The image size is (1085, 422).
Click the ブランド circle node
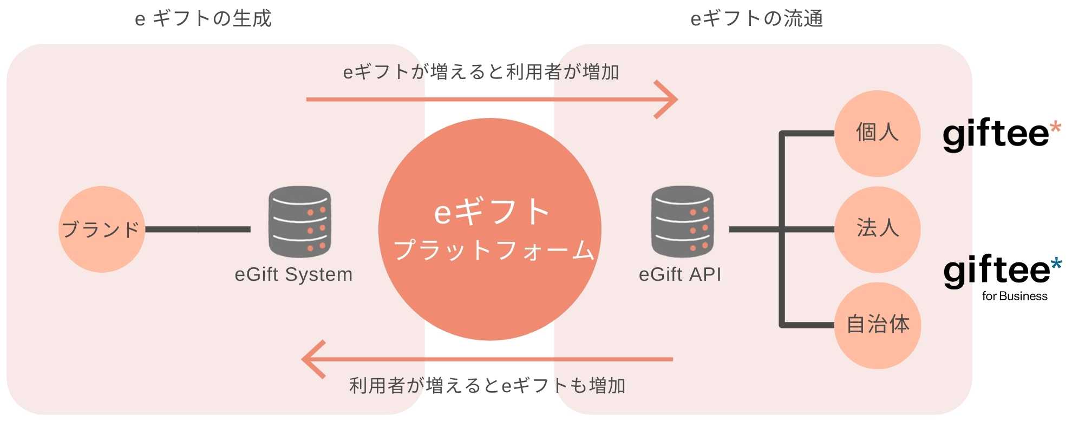(101, 229)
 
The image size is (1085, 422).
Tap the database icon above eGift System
(299, 222)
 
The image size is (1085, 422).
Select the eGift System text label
(293, 274)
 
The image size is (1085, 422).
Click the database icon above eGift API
(682, 222)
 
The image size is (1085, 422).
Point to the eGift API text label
(680, 274)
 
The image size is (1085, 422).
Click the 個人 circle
(877, 133)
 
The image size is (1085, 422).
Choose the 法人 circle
(877, 229)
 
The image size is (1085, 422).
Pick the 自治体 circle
(877, 325)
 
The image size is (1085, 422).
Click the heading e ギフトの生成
(203, 19)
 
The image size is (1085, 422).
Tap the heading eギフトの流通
(757, 19)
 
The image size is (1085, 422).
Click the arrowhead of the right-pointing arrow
(669, 100)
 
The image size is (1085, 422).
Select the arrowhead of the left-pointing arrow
(311, 359)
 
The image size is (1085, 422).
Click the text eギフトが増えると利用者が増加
(481, 72)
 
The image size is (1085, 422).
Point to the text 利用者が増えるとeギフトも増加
(487, 386)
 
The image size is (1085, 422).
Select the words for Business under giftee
(1015, 296)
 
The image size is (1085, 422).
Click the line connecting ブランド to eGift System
(198, 229)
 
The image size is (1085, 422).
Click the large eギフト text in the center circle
(492, 212)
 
